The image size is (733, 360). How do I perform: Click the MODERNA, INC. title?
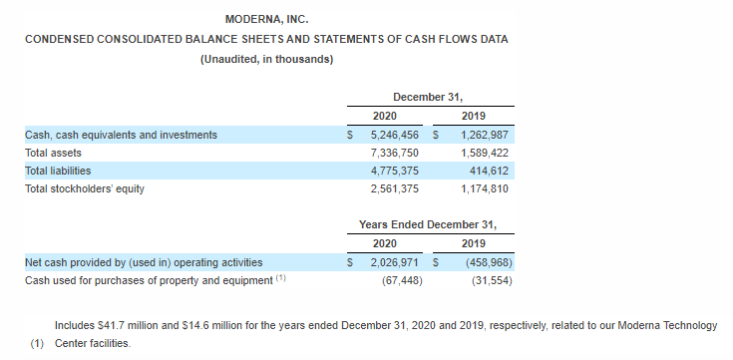tap(266, 20)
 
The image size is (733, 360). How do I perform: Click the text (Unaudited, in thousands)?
tap(266, 60)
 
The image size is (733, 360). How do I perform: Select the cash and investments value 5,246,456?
tap(395, 135)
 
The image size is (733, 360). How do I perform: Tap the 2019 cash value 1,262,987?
tap(485, 135)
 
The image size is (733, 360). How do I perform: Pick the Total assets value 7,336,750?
tap(395, 153)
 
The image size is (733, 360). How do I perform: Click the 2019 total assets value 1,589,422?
tap(485, 153)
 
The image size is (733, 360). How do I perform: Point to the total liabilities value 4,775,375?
tap(395, 172)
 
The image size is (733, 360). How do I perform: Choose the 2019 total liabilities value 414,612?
tap(489, 172)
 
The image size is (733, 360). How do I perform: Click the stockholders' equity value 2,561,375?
tap(395, 188)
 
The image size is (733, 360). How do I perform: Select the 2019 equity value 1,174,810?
tap(485, 188)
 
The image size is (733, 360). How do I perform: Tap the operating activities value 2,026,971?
tap(395, 262)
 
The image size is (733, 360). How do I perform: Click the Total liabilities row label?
tap(58, 171)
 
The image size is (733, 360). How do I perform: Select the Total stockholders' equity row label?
tap(85, 188)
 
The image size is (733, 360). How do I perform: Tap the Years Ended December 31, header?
tap(428, 224)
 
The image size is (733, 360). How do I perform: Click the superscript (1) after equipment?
tap(280, 277)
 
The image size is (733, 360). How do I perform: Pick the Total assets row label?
tap(53, 153)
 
